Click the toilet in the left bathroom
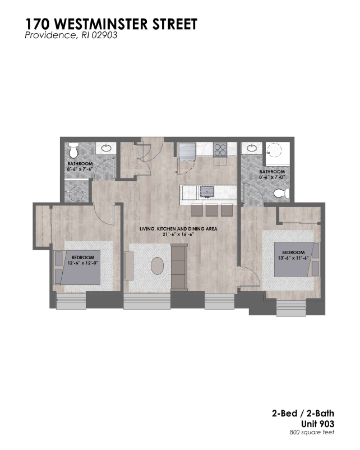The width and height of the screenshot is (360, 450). click(74, 150)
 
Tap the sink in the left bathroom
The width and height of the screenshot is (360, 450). click(106, 148)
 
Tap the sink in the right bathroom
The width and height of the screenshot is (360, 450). click(252, 148)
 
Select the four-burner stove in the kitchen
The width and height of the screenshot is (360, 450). click(220, 149)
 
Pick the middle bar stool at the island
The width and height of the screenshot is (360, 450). click(211, 210)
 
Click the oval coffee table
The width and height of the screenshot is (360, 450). click(158, 266)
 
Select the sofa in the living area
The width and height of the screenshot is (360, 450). click(179, 267)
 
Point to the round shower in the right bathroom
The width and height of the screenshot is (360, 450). click(275, 150)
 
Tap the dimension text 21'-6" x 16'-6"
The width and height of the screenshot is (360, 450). click(178, 234)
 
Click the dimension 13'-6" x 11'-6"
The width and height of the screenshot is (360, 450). click(293, 258)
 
